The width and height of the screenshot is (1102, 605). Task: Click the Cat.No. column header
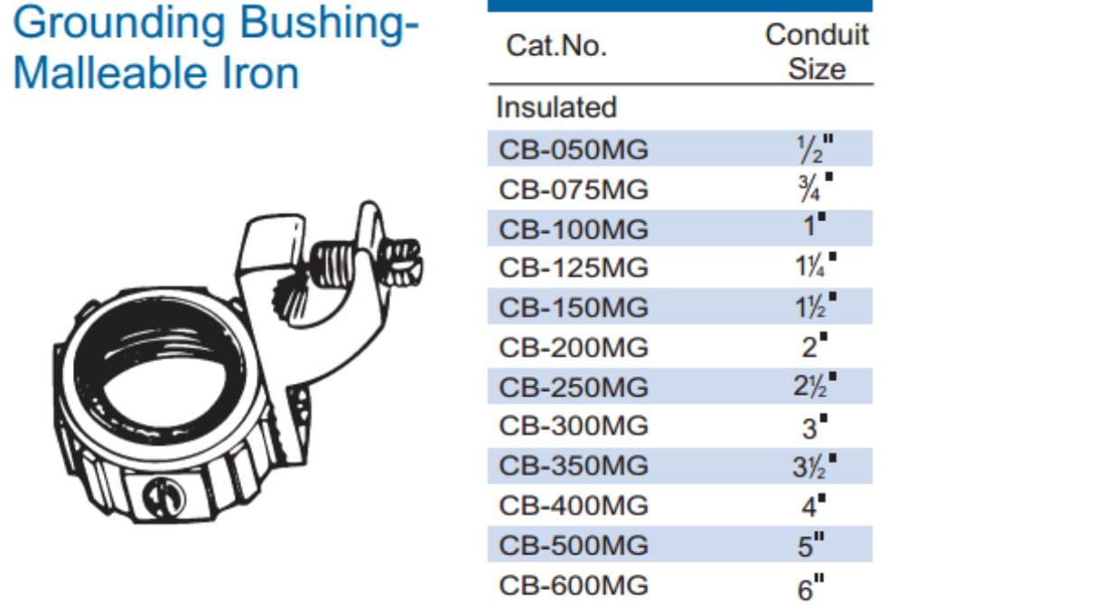click(x=556, y=46)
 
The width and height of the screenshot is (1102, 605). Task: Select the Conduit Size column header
click(x=817, y=51)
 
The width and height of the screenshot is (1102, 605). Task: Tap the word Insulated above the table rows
click(x=556, y=107)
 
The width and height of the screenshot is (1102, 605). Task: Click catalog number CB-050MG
click(x=574, y=150)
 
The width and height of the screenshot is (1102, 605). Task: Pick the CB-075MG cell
click(x=574, y=190)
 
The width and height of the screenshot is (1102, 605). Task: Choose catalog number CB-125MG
click(x=574, y=268)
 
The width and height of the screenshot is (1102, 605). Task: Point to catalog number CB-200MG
click(x=574, y=348)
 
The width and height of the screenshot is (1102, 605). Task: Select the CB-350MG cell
click(x=574, y=466)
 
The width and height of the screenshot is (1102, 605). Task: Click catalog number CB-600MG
click(x=574, y=585)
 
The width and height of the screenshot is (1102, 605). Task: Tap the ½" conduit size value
click(x=815, y=149)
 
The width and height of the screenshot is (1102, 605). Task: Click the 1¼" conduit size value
click(x=816, y=265)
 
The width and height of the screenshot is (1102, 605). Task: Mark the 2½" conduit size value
click(x=815, y=386)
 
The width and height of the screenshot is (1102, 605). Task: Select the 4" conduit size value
click(x=814, y=506)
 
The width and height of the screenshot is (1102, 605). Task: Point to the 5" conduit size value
click(x=811, y=545)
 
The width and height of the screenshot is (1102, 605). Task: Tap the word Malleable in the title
click(x=108, y=73)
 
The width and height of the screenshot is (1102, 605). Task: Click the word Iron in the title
click(x=260, y=73)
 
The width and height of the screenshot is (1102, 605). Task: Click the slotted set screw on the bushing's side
click(x=163, y=497)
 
